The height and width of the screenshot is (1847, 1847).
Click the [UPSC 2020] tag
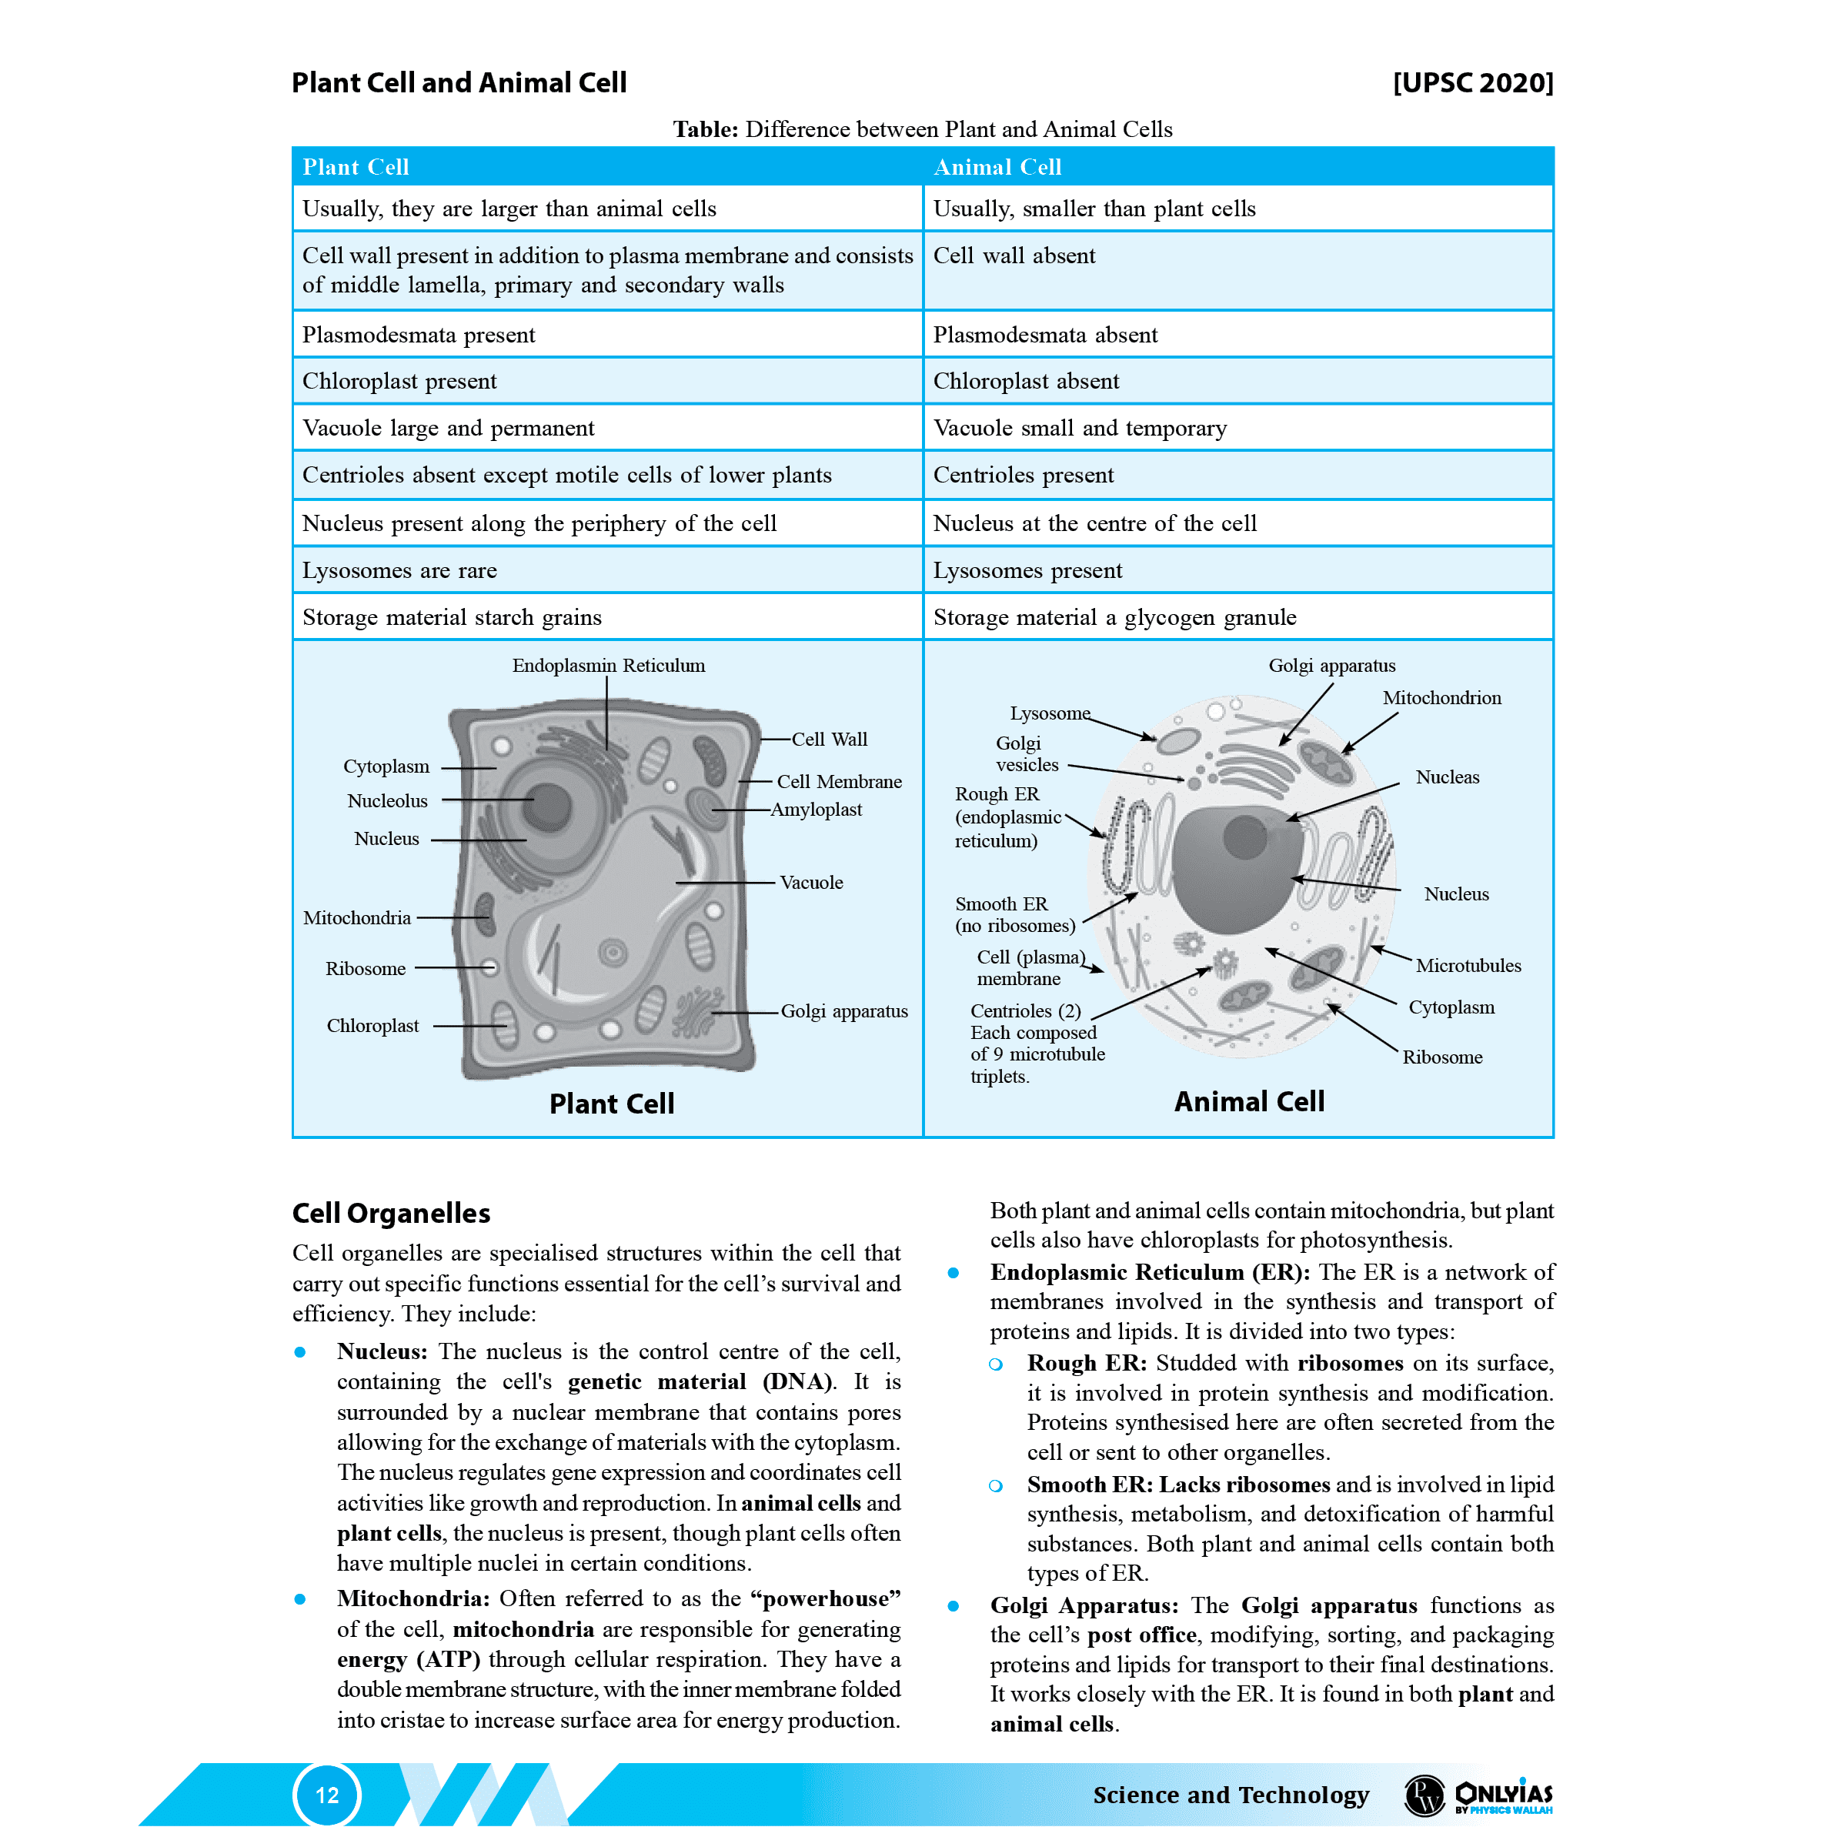pyautogui.click(x=1472, y=83)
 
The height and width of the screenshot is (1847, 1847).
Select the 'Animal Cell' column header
pyautogui.click(x=997, y=167)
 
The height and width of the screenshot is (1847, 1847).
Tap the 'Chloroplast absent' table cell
pyautogui.click(x=1026, y=382)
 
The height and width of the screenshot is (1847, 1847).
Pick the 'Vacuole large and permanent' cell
pyautogui.click(x=449, y=429)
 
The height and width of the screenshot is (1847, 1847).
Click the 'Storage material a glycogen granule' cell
pyautogui.click(x=1114, y=617)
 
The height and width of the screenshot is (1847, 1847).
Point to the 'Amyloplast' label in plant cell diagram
pyautogui.click(x=817, y=810)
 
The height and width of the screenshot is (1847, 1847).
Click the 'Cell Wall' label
pyautogui.click(x=829, y=739)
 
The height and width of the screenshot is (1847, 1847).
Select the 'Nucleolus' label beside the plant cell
pyautogui.click(x=387, y=801)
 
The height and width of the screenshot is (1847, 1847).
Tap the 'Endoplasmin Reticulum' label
pyautogui.click(x=608, y=666)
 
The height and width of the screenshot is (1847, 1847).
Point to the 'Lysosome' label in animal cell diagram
pyautogui.click(x=1050, y=713)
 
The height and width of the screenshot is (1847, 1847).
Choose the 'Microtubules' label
pyautogui.click(x=1468, y=966)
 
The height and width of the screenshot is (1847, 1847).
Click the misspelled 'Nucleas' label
pyautogui.click(x=1448, y=777)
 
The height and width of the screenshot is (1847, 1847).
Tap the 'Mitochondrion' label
pyautogui.click(x=1441, y=698)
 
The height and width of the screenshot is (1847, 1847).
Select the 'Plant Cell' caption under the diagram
pyautogui.click(x=612, y=1104)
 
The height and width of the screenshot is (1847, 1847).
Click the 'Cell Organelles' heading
pyautogui.click(x=391, y=1213)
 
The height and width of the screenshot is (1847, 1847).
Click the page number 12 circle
pyautogui.click(x=327, y=1795)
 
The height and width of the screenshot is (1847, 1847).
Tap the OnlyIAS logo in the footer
pyautogui.click(x=1502, y=1795)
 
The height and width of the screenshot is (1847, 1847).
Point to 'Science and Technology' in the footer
pyautogui.click(x=1231, y=1795)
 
